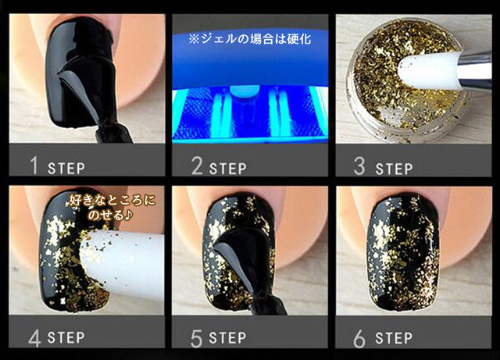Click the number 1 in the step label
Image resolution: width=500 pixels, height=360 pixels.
(34, 166)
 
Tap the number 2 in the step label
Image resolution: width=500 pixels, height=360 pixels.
(197, 166)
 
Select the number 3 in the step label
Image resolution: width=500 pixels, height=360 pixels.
(359, 166)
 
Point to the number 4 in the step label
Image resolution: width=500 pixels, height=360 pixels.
(34, 337)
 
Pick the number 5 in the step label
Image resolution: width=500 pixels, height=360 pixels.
(196, 338)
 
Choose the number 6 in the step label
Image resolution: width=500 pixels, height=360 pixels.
(359, 338)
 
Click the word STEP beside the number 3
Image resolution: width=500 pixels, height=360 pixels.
(394, 169)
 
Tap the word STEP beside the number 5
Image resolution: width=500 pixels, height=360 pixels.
(227, 338)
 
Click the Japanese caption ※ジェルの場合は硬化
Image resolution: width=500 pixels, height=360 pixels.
(250, 39)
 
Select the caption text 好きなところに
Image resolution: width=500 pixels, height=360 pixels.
(112, 201)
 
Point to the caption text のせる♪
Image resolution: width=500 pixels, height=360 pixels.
(110, 216)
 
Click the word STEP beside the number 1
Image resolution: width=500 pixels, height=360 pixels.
(66, 169)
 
